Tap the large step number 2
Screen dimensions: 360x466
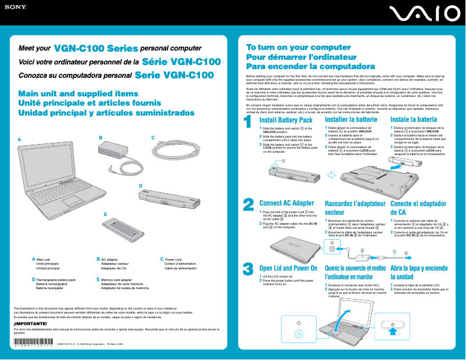[x=248, y=205]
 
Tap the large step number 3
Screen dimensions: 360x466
[x=248, y=269]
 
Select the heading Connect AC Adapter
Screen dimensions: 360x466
[x=286, y=203]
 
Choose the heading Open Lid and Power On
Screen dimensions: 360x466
[x=288, y=268]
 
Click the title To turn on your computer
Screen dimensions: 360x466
[x=290, y=47]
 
